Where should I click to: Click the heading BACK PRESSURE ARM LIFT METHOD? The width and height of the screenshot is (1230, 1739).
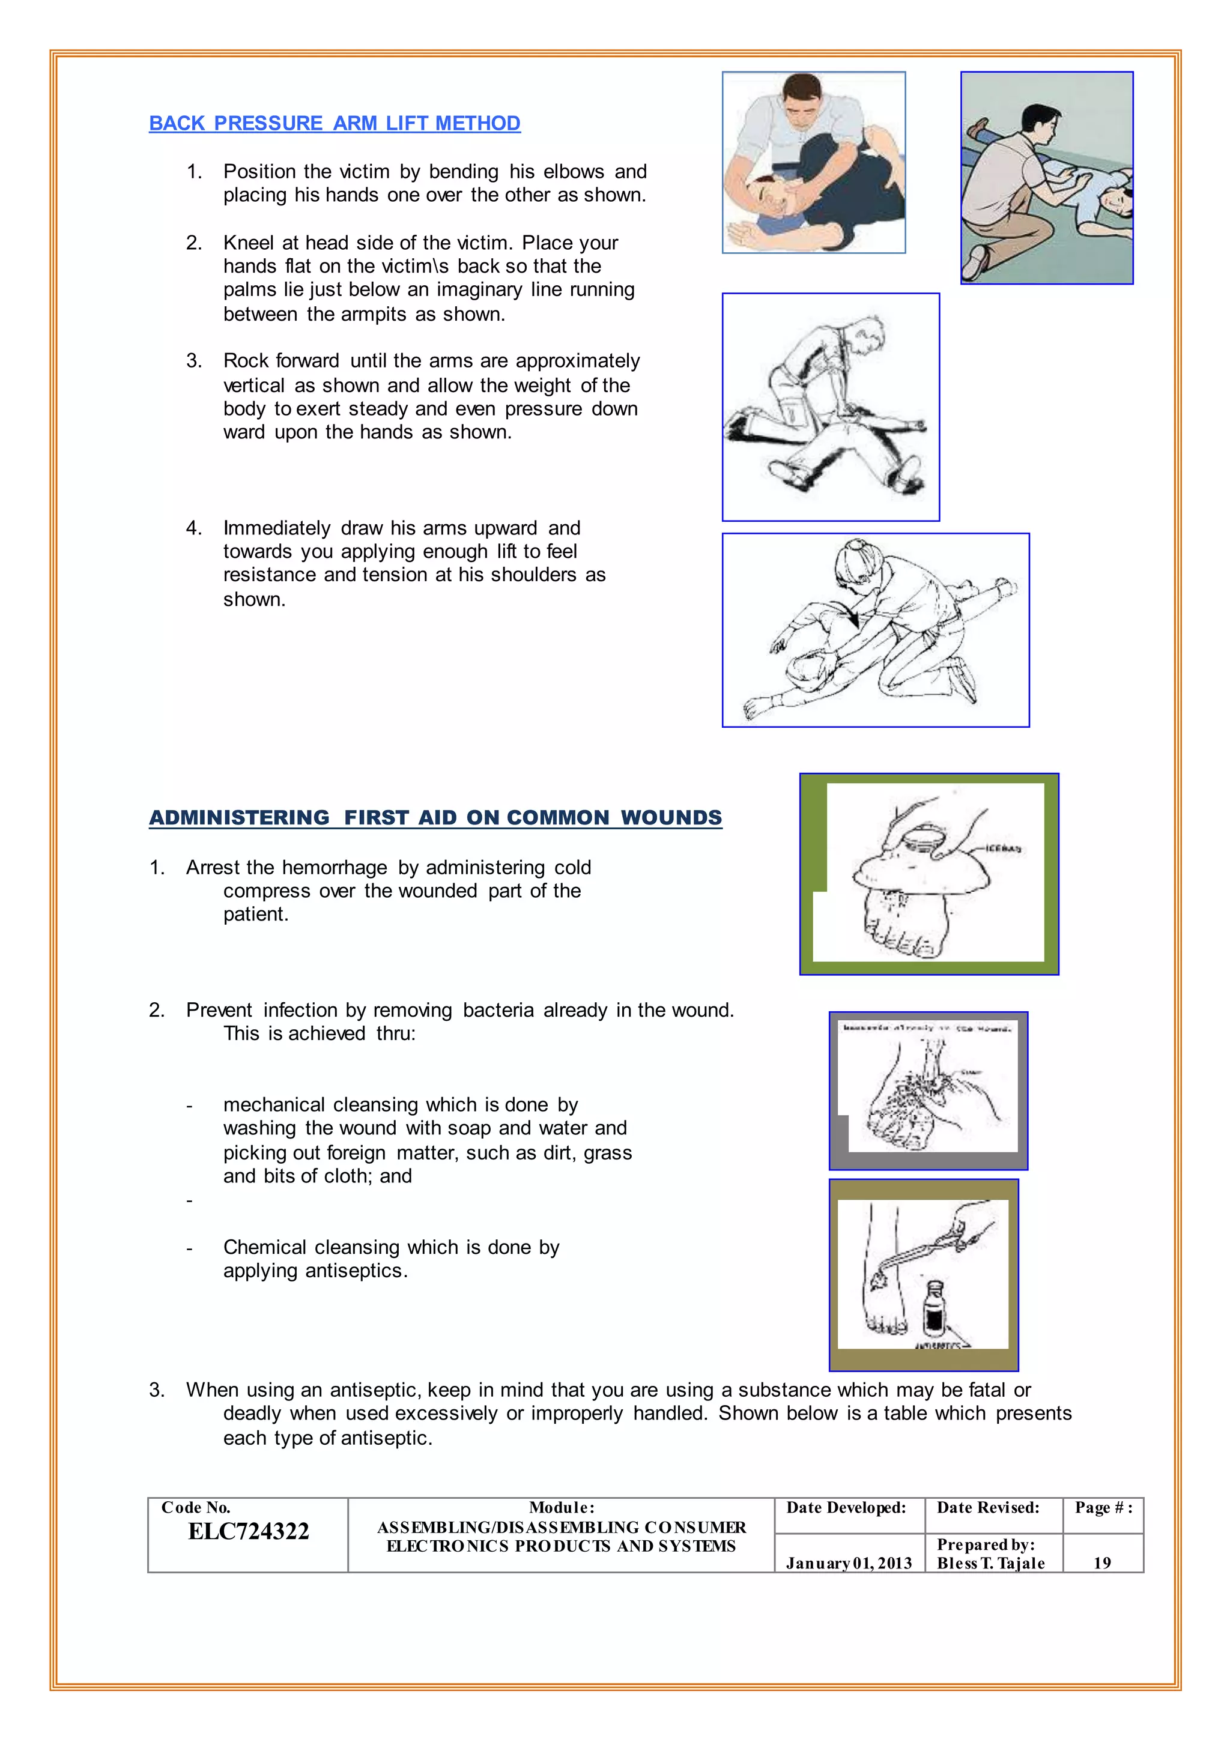tap(334, 124)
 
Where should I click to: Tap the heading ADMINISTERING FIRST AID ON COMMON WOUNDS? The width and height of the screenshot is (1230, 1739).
tap(435, 818)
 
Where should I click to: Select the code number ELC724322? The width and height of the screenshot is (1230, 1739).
tap(249, 1531)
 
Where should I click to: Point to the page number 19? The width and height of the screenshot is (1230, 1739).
tap(1102, 1563)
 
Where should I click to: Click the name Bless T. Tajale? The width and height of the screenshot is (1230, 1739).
tap(990, 1563)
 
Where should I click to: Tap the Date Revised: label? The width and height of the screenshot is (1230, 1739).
tap(987, 1507)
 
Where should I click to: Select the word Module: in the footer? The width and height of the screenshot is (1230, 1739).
tap(561, 1507)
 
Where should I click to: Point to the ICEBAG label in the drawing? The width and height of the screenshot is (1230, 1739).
tap(1004, 848)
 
